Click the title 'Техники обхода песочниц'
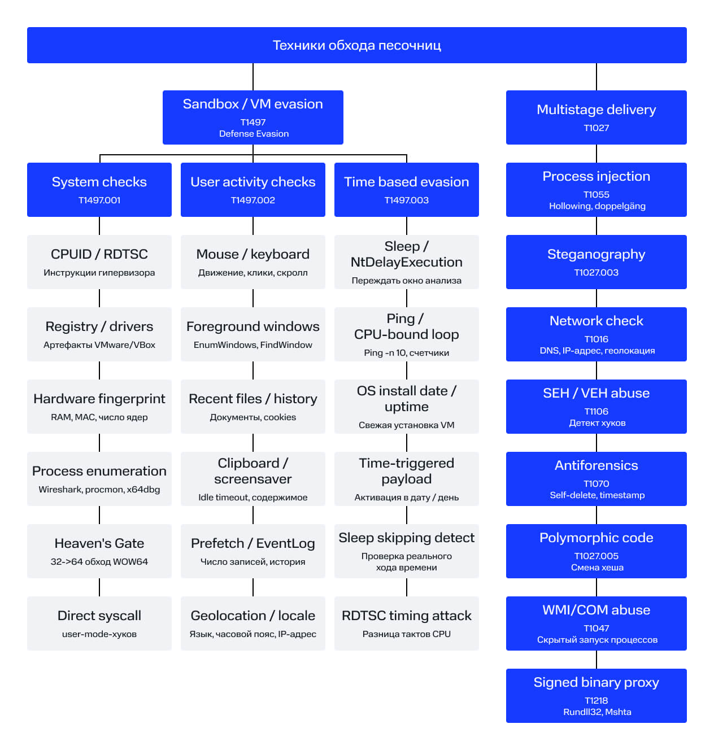click(x=356, y=45)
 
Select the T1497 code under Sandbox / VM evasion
click(x=252, y=122)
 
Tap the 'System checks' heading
click(x=99, y=182)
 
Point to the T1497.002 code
click(x=252, y=200)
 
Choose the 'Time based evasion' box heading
click(x=406, y=182)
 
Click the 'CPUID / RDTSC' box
click(x=99, y=261)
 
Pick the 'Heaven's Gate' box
click(x=99, y=551)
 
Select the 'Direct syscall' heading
click(x=99, y=615)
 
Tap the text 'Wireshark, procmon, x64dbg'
click(x=99, y=489)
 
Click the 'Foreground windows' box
click(x=252, y=334)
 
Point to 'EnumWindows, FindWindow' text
click(x=252, y=345)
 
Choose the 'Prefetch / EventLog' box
click(x=252, y=551)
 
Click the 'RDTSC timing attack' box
click(x=406, y=623)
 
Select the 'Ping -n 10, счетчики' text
click(x=406, y=352)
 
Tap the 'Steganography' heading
click(x=596, y=254)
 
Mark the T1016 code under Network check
click(x=596, y=339)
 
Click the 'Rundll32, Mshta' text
click(x=597, y=712)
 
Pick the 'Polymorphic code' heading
click(x=596, y=537)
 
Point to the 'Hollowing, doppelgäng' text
click(x=597, y=206)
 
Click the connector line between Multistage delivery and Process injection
click(x=596, y=154)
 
